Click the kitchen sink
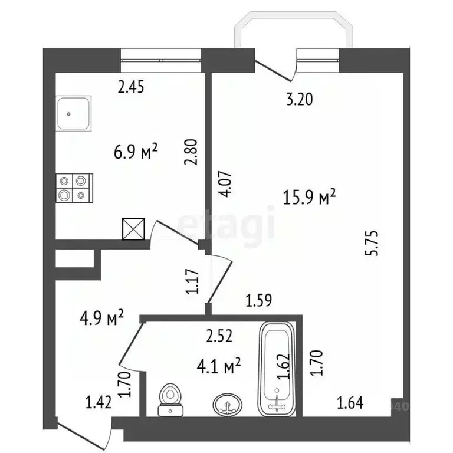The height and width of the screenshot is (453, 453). pos(74,115)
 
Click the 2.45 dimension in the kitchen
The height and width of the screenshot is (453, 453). pos(132,87)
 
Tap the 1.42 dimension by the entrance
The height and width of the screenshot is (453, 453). pos(99,403)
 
